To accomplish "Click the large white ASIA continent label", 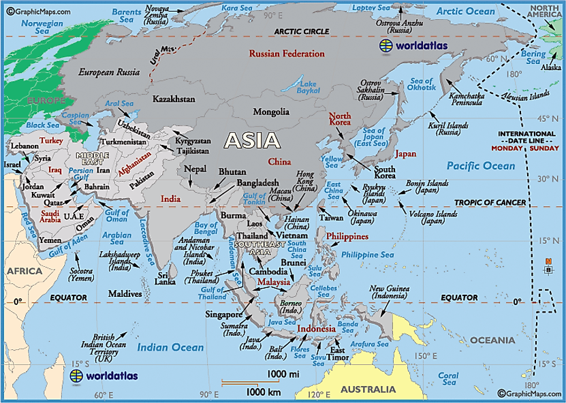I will pyautogui.click(x=252, y=140).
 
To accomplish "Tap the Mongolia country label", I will pyautogui.click(x=270, y=112).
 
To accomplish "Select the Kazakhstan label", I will pyautogui.click(x=174, y=99).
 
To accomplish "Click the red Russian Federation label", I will pyautogui.click(x=287, y=54).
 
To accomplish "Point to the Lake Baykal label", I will pyautogui.click(x=309, y=87).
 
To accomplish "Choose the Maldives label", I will pyautogui.click(x=125, y=294).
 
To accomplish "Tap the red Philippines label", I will pyautogui.click(x=347, y=236).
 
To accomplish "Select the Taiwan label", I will pyautogui.click(x=331, y=218).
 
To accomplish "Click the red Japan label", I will pyautogui.click(x=405, y=155).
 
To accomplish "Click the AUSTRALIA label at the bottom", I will pyautogui.click(x=368, y=389).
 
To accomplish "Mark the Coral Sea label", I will pyautogui.click(x=448, y=378).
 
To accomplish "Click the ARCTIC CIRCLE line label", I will pyautogui.click(x=301, y=32).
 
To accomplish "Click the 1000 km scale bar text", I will pyautogui.click(x=264, y=391).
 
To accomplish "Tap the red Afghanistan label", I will pyautogui.click(x=125, y=164).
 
